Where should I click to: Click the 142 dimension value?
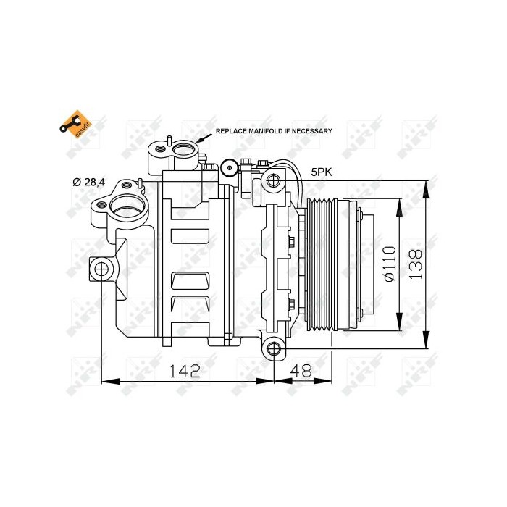point(185,371)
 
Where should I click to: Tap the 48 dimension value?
point(302,371)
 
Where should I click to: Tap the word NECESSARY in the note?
point(311,131)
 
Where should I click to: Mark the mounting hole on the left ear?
point(101,270)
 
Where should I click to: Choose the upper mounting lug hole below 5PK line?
point(273,180)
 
